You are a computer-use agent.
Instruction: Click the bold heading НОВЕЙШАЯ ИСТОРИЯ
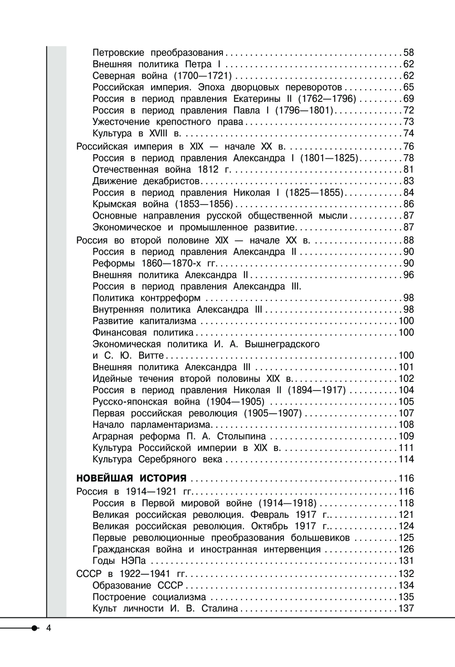click(131, 478)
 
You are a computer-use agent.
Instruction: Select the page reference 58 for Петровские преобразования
click(409, 53)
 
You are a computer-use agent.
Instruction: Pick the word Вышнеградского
click(282, 344)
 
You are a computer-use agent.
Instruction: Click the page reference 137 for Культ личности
click(406, 608)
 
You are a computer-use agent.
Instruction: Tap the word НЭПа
click(135, 561)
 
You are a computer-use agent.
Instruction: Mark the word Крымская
click(114, 204)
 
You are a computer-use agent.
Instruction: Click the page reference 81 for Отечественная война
click(409, 170)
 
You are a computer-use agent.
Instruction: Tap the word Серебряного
click(168, 459)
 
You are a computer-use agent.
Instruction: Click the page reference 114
click(406, 459)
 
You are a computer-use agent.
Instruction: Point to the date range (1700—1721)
click(203, 76)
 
